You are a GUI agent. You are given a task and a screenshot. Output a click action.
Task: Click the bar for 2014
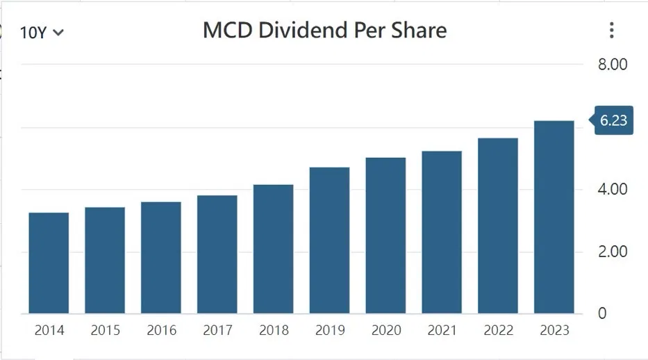click(x=49, y=263)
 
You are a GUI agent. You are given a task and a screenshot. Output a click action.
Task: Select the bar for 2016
click(x=160, y=258)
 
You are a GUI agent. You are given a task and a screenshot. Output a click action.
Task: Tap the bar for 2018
click(x=273, y=249)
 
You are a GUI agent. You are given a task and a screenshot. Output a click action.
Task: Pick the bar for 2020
click(x=385, y=236)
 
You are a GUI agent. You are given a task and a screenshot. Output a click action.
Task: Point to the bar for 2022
click(x=498, y=226)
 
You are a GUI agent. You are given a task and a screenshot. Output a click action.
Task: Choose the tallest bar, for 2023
click(x=554, y=217)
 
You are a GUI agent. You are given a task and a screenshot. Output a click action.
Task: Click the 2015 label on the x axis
click(x=106, y=330)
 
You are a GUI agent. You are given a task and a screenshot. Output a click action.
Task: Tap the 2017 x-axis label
click(x=218, y=330)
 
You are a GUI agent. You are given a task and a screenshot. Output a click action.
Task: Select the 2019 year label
click(x=330, y=330)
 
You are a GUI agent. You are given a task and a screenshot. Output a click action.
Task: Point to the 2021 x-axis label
click(x=442, y=330)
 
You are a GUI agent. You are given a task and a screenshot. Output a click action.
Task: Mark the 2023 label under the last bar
click(x=555, y=330)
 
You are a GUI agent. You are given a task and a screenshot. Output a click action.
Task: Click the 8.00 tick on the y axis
click(x=613, y=65)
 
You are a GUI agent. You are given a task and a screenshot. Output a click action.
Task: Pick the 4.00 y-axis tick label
click(x=613, y=189)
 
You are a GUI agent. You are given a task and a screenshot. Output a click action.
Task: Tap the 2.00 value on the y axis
click(x=613, y=252)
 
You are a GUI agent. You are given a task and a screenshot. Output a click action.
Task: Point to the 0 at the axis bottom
click(x=602, y=313)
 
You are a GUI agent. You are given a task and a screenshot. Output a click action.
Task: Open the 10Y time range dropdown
click(x=42, y=33)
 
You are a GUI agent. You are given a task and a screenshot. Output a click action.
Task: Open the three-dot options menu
click(x=612, y=30)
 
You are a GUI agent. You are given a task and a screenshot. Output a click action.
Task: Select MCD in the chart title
click(x=228, y=30)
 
